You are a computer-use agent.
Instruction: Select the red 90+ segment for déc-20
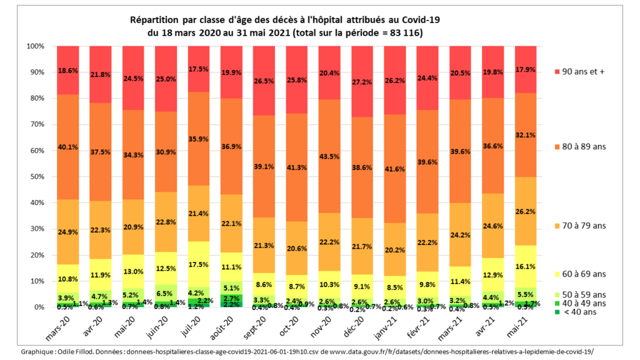367,81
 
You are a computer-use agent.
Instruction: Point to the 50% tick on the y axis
35,177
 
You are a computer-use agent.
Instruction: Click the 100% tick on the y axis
34,46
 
